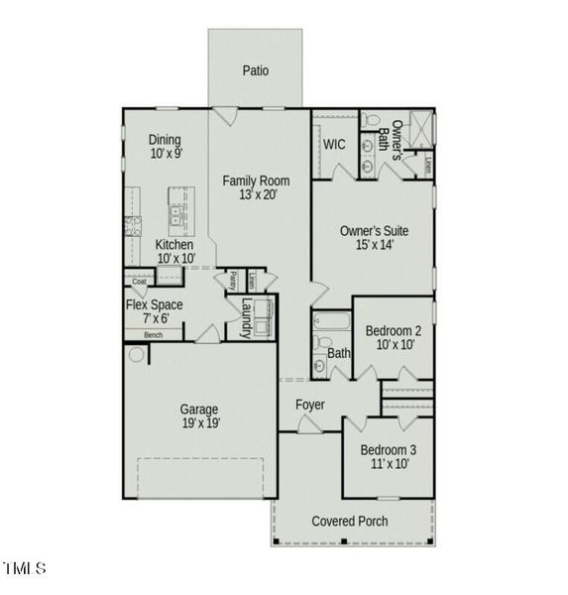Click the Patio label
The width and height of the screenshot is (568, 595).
click(x=256, y=70)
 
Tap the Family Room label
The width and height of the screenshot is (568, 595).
click(x=256, y=180)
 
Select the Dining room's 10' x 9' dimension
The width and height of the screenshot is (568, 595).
click(x=166, y=155)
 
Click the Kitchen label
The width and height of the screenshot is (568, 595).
click(x=174, y=245)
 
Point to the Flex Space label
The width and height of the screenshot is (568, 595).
click(x=154, y=304)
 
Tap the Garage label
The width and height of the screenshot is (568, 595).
click(x=199, y=409)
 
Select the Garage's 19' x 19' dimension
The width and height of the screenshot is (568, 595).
click(x=199, y=423)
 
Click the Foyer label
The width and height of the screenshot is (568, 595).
click(x=310, y=405)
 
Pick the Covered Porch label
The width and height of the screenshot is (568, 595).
click(x=350, y=521)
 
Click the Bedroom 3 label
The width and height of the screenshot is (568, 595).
click(x=390, y=448)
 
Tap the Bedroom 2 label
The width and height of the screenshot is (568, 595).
click(x=394, y=330)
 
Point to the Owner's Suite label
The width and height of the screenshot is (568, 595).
click(x=374, y=231)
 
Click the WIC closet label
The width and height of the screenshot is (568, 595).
click(x=334, y=144)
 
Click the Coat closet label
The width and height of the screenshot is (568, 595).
click(x=140, y=281)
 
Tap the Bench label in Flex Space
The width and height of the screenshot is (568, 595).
click(x=153, y=335)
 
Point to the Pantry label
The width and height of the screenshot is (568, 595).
click(x=233, y=280)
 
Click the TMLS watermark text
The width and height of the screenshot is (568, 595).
click(x=25, y=568)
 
